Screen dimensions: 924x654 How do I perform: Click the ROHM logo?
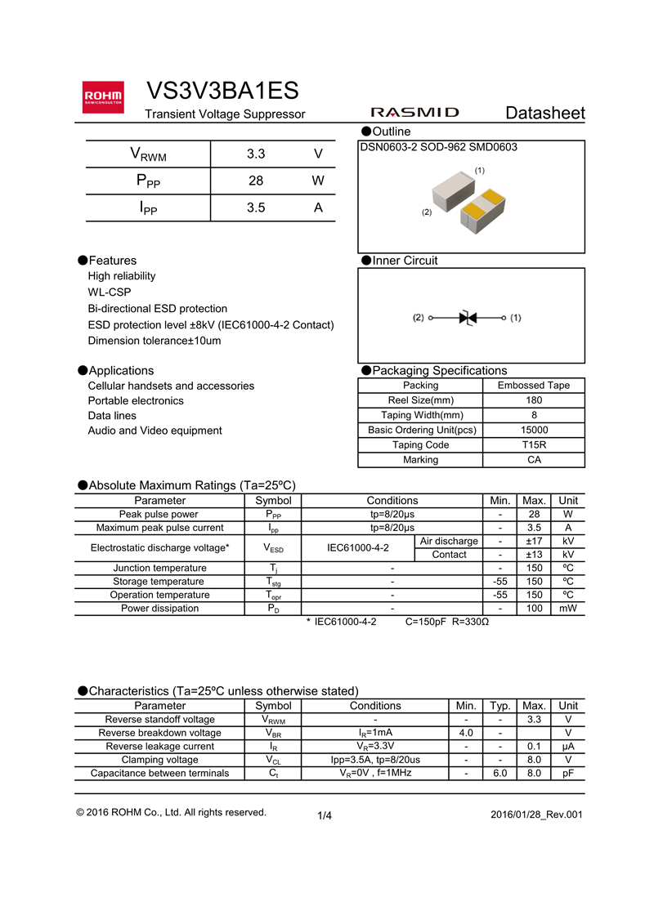coord(103,96)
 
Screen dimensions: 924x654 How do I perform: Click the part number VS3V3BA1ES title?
coord(222,91)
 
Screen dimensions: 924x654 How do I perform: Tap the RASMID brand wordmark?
coord(414,113)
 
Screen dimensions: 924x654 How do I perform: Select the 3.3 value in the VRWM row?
coord(256,154)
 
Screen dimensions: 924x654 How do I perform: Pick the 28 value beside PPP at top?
coord(256,181)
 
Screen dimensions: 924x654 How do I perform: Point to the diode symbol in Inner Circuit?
coord(468,317)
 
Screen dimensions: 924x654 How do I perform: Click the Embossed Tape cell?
coord(534,386)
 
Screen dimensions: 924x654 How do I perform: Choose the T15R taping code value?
coord(534,445)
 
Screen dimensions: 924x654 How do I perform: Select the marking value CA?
coord(534,460)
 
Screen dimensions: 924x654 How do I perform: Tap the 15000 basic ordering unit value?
coord(534,431)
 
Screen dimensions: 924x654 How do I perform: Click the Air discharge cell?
coord(449,542)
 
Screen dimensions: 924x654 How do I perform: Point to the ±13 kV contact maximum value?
coord(534,555)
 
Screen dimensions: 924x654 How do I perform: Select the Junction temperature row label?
coord(159,568)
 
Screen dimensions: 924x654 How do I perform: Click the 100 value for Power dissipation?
coord(534,609)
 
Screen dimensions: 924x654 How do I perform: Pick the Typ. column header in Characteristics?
coord(500,706)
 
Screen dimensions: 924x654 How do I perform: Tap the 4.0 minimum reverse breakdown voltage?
coord(466,733)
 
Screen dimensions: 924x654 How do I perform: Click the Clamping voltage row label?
coord(159,760)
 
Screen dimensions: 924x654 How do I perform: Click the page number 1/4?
coord(325,815)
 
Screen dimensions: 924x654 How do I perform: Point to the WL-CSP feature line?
coord(110,292)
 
